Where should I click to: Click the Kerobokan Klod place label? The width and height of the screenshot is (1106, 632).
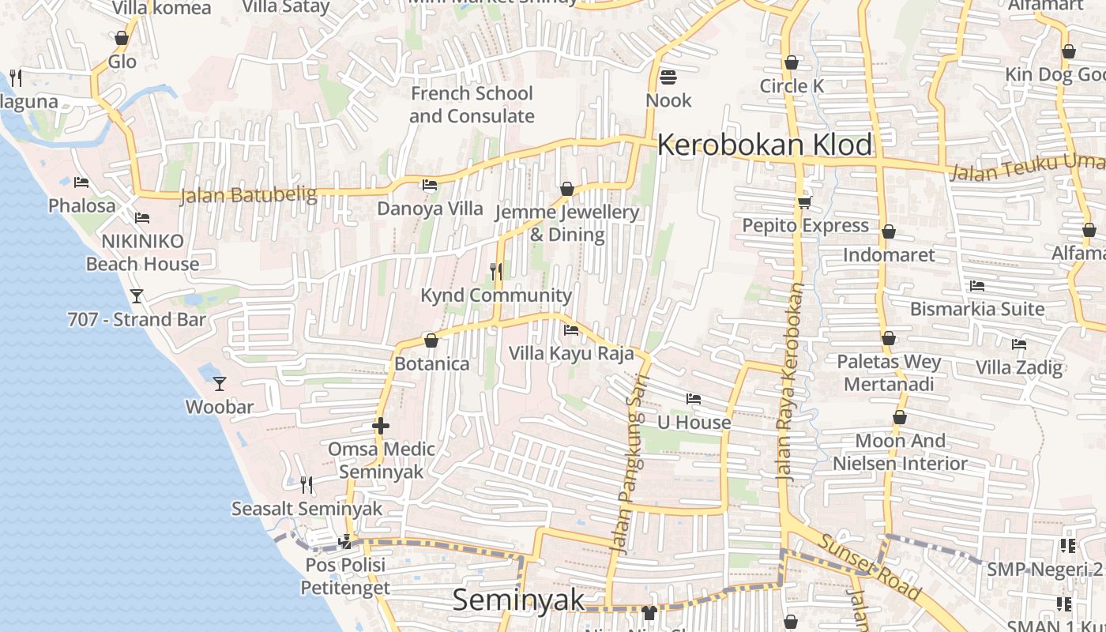764,145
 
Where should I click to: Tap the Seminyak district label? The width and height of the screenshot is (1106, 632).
519,600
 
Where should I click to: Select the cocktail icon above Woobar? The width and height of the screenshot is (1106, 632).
220,384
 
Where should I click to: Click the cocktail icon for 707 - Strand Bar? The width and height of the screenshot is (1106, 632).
137,296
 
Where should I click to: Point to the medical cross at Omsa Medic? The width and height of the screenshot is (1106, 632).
381,426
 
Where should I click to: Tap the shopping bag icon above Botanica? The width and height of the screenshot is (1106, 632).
431,340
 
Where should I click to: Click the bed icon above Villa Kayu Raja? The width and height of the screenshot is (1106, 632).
571,329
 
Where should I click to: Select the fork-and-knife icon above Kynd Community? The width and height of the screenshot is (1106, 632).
496,272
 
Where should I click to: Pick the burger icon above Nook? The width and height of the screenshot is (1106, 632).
668,77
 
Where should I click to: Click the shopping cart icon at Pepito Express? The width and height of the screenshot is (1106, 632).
805,202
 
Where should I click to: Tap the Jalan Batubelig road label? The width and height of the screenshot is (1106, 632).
248,194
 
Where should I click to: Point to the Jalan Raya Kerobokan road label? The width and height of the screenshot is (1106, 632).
791,383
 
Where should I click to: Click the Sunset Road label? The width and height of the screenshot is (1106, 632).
869,566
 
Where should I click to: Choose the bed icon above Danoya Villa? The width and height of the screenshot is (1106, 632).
430,185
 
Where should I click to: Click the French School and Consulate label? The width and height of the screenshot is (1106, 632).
472,104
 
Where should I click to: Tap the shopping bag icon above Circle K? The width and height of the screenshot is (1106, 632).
792,62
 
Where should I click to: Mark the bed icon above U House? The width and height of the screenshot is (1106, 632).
694,399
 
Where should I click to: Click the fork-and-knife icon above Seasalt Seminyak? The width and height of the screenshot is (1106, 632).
307,485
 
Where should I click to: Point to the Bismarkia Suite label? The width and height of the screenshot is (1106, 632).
977,309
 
